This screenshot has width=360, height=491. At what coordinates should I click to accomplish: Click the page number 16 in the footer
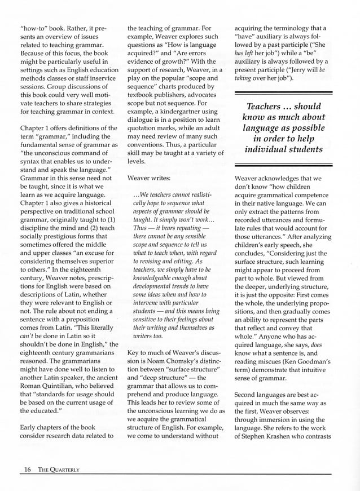(x=27, y=469)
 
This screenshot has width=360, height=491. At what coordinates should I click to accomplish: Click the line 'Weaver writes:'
(x=149, y=177)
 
